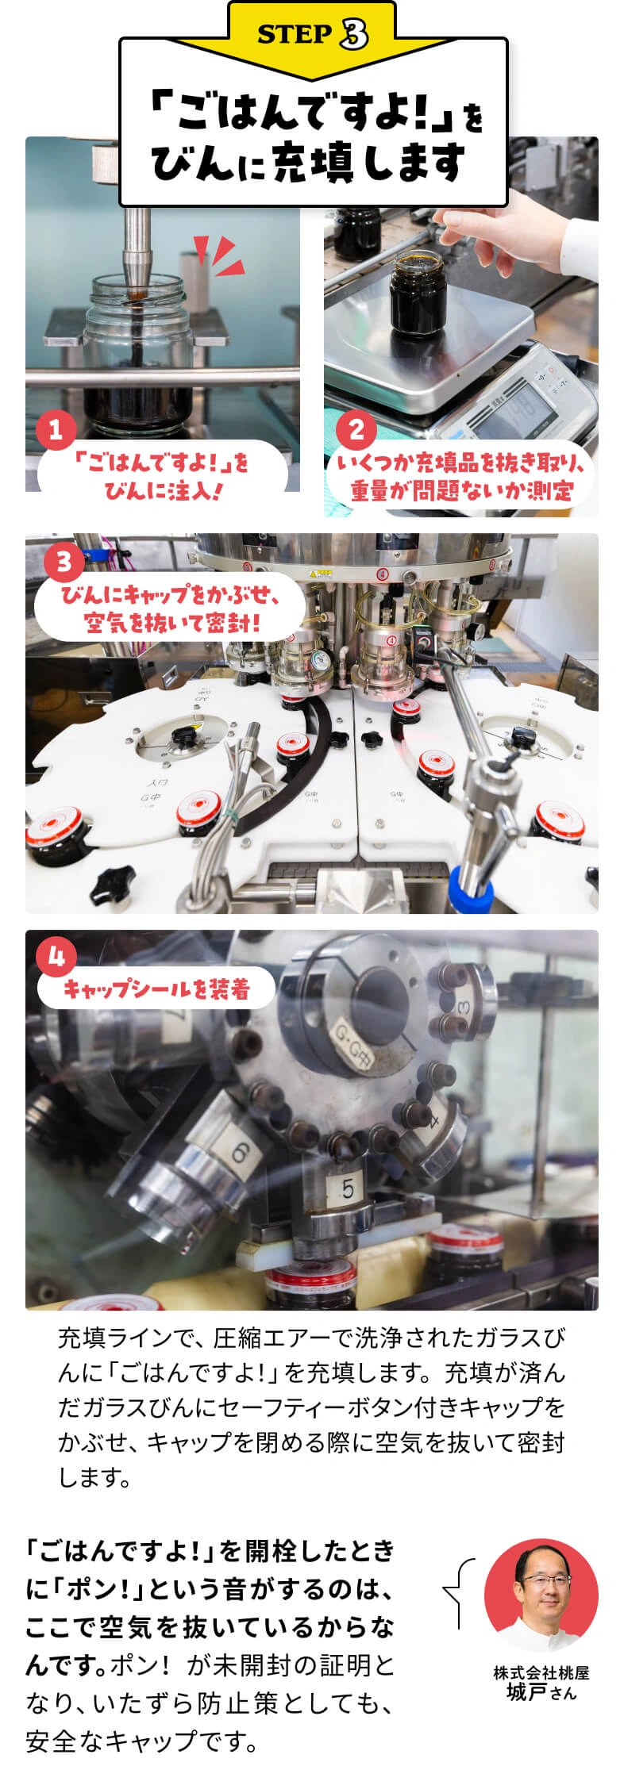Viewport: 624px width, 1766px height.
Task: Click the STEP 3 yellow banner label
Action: (x=312, y=33)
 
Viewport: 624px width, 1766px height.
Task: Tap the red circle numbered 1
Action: (x=56, y=430)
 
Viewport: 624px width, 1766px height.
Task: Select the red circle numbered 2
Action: (x=356, y=430)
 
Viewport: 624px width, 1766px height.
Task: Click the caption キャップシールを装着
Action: (x=156, y=989)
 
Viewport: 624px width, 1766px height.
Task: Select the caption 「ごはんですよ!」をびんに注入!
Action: (x=162, y=476)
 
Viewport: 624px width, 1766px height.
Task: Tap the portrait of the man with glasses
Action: (x=541, y=1595)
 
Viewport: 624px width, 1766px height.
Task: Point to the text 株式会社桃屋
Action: (x=541, y=1673)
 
